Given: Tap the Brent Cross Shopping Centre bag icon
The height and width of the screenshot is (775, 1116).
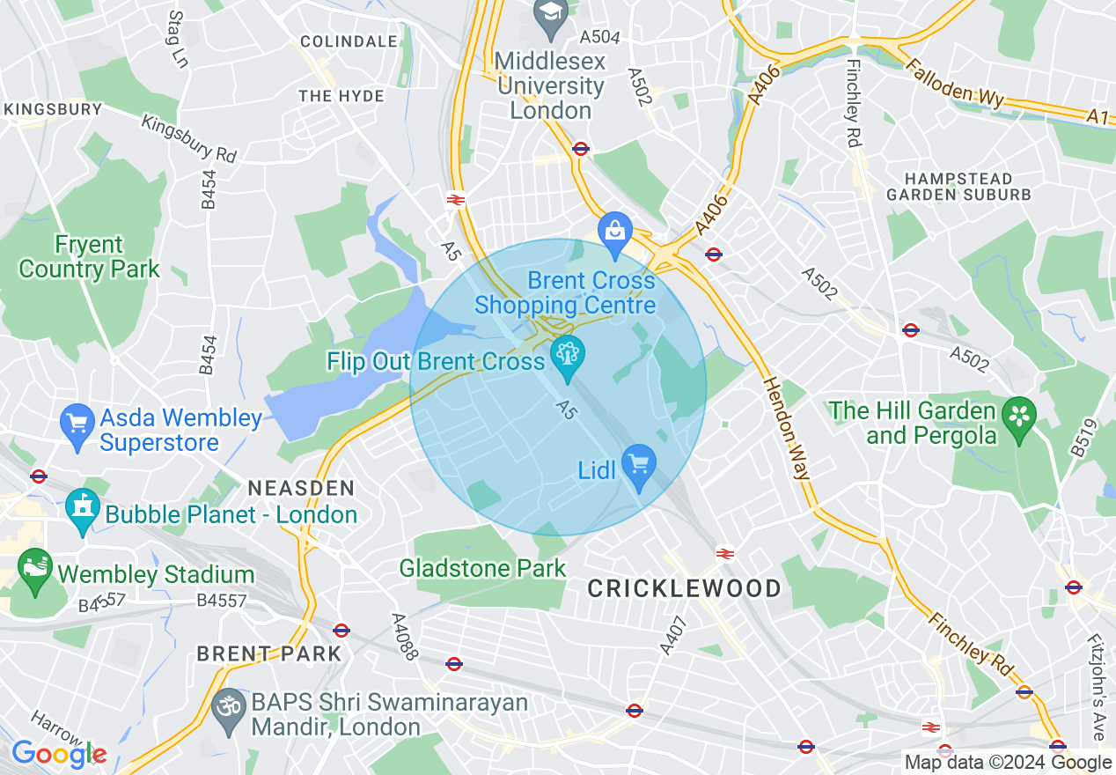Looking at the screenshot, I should (614, 231).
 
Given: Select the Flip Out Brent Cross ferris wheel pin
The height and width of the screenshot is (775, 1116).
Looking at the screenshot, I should (567, 356).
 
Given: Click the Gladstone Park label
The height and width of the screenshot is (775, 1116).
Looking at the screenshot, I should (482, 568).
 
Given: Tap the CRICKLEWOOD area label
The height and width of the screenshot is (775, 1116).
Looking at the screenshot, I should (684, 588).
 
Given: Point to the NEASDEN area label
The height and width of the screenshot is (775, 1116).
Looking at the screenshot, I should (301, 488).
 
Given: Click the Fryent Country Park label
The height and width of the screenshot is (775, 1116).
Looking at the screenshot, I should (89, 256).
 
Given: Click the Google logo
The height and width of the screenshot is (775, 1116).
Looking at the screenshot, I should (58, 754).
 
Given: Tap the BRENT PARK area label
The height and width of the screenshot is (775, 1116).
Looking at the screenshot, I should (268, 653).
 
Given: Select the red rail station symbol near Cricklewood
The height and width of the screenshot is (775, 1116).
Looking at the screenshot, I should (725, 553).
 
